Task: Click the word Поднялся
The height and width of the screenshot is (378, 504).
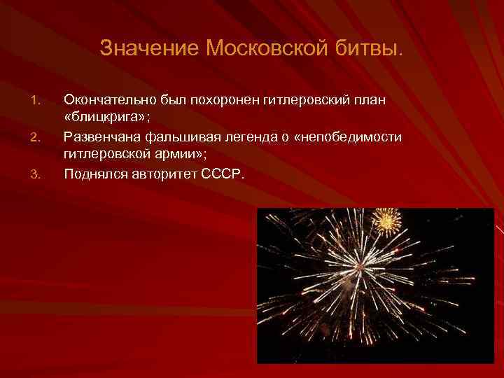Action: (x=94, y=173)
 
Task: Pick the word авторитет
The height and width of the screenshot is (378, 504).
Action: (x=164, y=173)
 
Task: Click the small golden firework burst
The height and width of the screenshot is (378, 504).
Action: (x=386, y=221)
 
